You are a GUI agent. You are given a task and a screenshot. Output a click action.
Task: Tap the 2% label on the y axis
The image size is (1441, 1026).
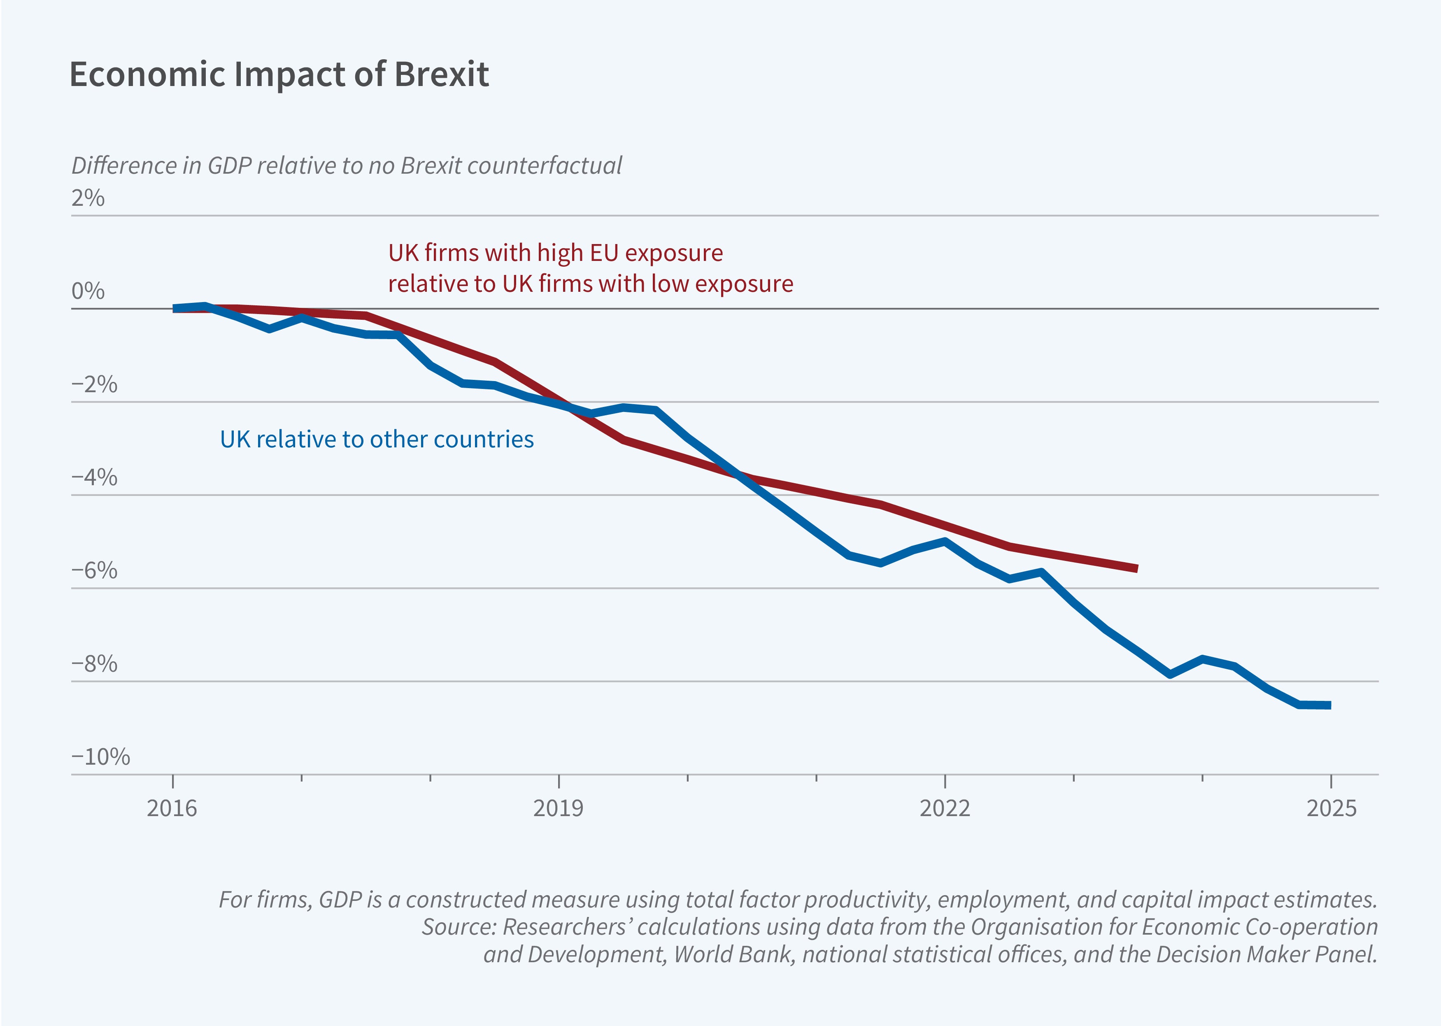88,198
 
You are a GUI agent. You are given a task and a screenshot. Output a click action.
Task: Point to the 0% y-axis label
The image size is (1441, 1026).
88,291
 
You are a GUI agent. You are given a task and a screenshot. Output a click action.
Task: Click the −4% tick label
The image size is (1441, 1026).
94,478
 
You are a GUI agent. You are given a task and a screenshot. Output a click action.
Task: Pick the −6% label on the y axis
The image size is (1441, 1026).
94,570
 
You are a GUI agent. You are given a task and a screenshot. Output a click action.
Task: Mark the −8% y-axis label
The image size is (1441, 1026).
94,664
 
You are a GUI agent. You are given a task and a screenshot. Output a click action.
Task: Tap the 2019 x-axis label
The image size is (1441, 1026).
559,809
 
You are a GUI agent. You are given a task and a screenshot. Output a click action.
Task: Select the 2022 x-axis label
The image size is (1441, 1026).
945,809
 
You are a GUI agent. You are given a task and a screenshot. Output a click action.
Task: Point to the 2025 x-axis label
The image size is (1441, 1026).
1331,809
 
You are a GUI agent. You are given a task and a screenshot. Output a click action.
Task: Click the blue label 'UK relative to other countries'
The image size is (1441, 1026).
377,439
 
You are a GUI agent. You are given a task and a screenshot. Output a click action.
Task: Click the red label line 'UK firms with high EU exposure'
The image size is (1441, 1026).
555,253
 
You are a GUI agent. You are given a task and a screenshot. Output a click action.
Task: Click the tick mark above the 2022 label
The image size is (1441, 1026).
945,781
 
